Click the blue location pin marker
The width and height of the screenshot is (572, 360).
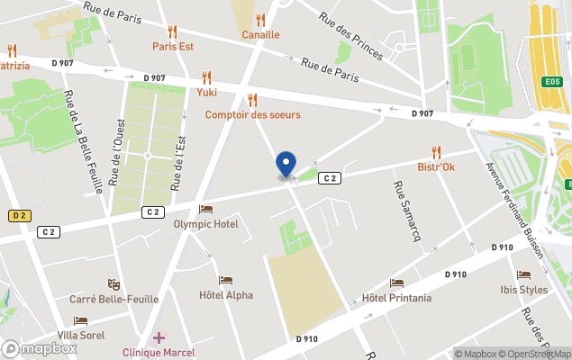286,165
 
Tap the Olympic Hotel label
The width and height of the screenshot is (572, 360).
205,223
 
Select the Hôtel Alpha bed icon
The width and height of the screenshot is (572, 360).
225,280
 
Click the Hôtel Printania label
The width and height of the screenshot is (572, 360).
395,298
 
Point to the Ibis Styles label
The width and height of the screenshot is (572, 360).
523,290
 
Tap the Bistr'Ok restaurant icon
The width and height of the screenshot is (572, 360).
437,152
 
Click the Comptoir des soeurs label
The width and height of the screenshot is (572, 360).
252,114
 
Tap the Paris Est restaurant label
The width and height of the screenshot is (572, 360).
173,46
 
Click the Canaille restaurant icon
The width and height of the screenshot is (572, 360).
260,20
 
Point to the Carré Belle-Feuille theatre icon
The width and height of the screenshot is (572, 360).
113,284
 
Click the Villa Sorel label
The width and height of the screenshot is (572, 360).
80,335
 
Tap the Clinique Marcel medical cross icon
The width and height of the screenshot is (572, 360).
159,337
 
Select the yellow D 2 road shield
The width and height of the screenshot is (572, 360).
18,216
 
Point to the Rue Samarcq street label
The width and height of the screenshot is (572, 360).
402,204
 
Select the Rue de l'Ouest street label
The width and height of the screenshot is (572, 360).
115,152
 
